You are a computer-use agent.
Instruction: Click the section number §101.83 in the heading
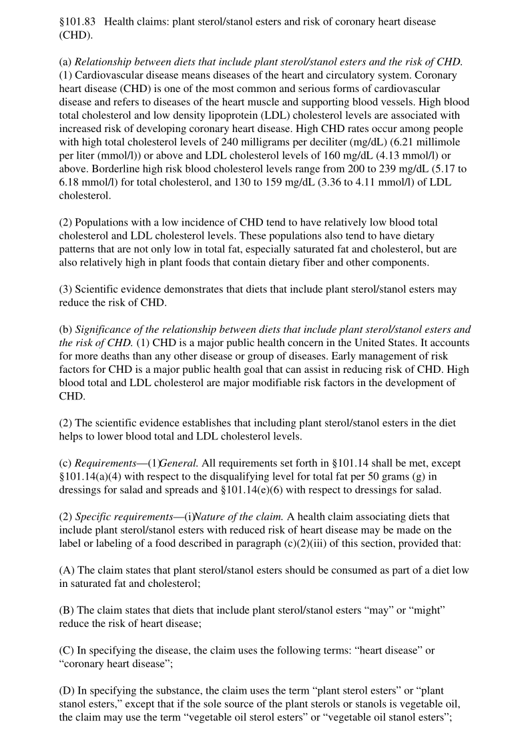[79, 22]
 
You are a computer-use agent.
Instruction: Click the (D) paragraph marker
[67, 691]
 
